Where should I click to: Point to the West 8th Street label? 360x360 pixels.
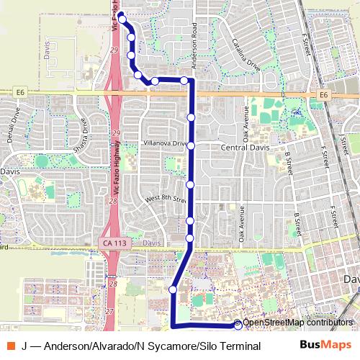tap(166, 195)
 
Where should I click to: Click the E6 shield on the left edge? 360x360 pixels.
tap(19, 93)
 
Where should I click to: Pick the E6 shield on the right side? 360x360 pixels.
tap(323, 94)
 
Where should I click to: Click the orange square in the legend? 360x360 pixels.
tap(9, 346)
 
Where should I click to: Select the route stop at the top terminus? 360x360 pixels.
tap(122, 16)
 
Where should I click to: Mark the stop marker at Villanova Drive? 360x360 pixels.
tap(192, 145)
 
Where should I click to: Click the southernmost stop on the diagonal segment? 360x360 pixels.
tap(173, 289)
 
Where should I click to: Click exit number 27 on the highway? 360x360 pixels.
tap(109, 311)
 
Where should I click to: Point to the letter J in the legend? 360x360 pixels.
tap(24, 346)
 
